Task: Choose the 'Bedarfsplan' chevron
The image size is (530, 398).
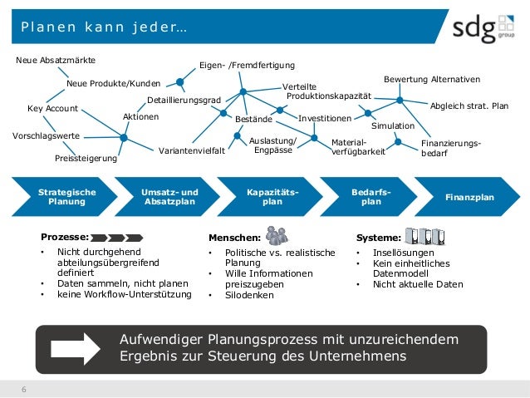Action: (371, 196)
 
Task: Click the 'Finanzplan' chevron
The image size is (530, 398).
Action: (469, 197)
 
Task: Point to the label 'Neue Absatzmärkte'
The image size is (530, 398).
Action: (56, 61)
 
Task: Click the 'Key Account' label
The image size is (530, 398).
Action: (52, 109)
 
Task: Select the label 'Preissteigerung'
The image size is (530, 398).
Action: (86, 157)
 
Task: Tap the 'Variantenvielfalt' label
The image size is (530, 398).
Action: (190, 151)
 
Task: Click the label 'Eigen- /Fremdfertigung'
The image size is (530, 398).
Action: (247, 65)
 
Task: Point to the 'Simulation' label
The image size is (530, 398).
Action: (392, 125)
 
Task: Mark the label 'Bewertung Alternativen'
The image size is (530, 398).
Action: (431, 79)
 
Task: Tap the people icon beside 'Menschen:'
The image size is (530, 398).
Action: (277, 235)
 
